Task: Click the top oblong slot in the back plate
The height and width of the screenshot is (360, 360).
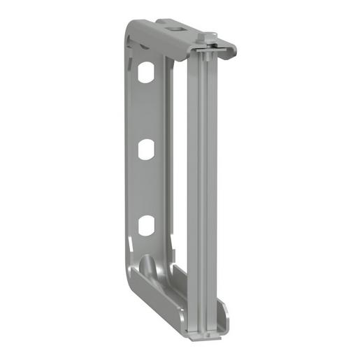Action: click(x=146, y=72)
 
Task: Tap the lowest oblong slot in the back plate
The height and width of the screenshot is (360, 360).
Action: click(x=146, y=225)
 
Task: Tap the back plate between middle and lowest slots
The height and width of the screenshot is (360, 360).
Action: click(x=146, y=187)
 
